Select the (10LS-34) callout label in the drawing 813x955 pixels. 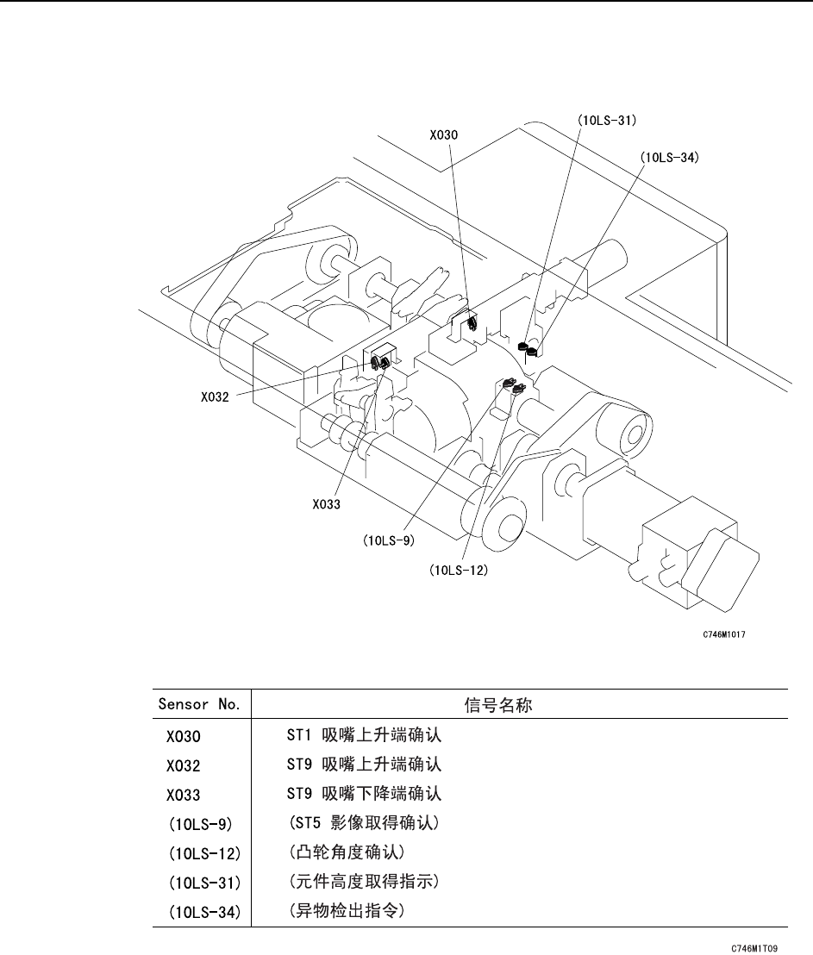click(669, 158)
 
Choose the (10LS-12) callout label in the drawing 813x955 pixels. click(458, 570)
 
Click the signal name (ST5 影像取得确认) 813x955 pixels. click(363, 822)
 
